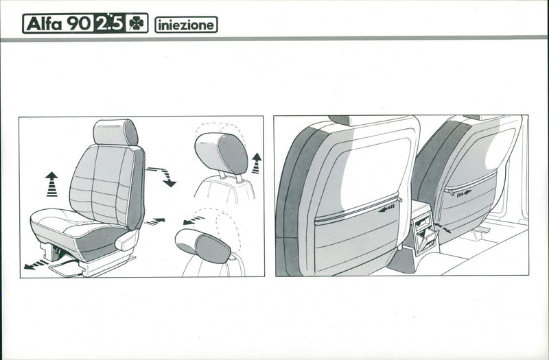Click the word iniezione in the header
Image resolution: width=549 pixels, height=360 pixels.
pos(186,25)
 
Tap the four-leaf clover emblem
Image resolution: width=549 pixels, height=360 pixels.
pos(136,23)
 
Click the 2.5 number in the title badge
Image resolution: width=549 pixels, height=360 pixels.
pos(110,23)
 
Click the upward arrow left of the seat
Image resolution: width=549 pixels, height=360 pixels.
pos(52,184)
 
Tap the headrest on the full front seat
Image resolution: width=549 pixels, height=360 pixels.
pos(115,132)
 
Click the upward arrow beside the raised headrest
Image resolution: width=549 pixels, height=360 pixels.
pos(256,163)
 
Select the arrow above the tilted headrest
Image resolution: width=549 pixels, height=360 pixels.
pos(194,220)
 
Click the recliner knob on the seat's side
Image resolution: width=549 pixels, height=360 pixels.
pos(127,240)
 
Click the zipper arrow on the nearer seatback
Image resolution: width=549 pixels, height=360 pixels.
pos(386,209)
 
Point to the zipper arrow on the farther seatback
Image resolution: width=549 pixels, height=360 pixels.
pos(464,193)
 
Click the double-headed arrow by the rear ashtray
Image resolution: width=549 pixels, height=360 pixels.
pos(442,228)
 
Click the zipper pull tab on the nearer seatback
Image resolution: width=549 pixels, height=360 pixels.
pos(400,200)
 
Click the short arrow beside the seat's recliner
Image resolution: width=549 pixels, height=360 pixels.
pos(154,221)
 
